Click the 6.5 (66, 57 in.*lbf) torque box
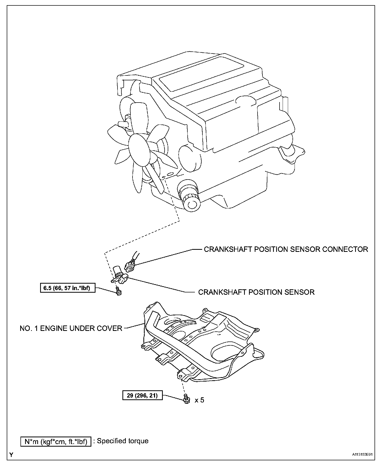point(68,288)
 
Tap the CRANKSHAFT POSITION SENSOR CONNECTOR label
point(286,249)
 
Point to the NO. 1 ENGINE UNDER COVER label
point(71,328)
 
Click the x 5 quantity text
point(199,400)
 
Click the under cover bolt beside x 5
point(186,399)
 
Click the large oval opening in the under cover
point(224,352)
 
